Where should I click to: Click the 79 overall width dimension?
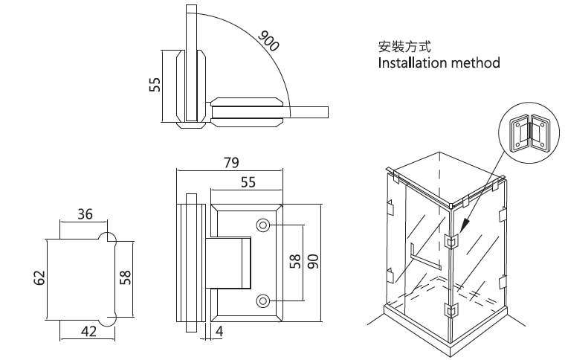pyautogui.click(x=229, y=162)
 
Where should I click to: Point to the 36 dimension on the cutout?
pyautogui.click(x=85, y=214)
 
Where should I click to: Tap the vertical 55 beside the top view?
pyautogui.click(x=155, y=84)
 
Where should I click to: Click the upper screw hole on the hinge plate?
pyautogui.click(x=263, y=225)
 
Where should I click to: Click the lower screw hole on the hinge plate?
pyautogui.click(x=263, y=300)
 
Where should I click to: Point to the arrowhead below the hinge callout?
pyautogui.click(x=463, y=225)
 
